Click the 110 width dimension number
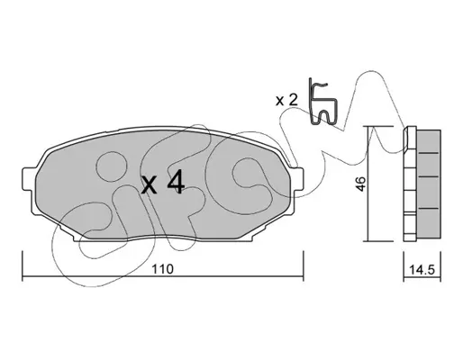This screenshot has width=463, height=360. tap(162, 269)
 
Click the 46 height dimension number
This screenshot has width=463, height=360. tap(360, 184)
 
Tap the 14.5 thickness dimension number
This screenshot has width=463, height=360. tap(422, 270)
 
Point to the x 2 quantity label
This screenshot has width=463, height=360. tap(286, 100)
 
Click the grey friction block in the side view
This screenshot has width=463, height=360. tap(429, 184)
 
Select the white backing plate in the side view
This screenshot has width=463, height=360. tap(410, 184)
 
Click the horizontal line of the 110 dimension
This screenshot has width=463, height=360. tap(163, 276)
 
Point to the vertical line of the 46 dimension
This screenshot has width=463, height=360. tap(368, 184)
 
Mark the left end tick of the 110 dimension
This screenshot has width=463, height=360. tap(23, 266)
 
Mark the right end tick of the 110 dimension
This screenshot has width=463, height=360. tap(304, 266)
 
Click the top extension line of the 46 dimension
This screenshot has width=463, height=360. tap(378, 126)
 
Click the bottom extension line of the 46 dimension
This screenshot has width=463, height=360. tap(378, 241)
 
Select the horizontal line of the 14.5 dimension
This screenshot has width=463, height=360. tap(422, 277)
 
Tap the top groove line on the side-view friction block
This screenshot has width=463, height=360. tap(429, 153)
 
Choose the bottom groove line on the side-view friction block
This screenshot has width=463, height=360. tap(429, 208)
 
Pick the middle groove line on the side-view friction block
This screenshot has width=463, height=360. tap(429, 176)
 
